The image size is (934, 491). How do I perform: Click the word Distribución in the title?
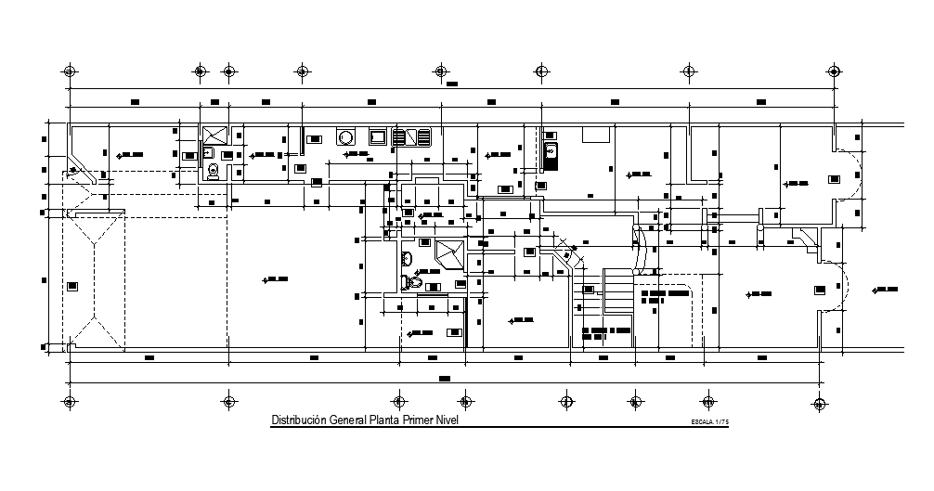click(295, 420)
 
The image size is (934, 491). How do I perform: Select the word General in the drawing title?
click(344, 420)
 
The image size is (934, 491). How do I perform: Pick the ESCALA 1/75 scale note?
click(709, 422)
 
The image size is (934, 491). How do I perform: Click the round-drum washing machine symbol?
click(345, 137)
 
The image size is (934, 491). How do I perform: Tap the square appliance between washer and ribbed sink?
click(378, 137)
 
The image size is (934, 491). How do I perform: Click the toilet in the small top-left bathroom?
click(214, 169)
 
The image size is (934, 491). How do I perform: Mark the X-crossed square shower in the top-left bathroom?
click(215, 135)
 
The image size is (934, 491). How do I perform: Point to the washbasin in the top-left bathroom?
click(208, 152)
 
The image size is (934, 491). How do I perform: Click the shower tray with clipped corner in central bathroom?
click(450, 252)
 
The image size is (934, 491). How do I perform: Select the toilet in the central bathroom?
click(414, 281)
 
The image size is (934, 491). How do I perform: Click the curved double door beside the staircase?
click(640, 248)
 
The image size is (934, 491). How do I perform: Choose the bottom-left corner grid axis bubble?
click(68, 402)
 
